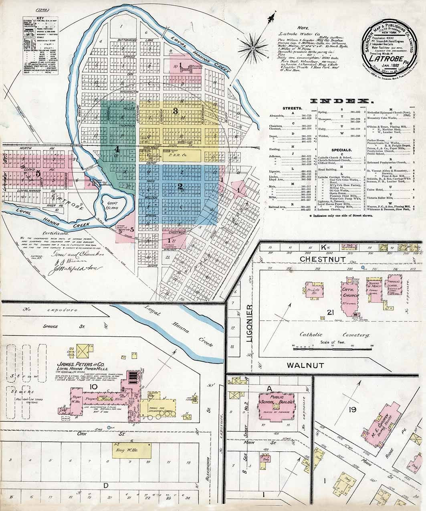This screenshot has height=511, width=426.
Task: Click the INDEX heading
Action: point(339,101)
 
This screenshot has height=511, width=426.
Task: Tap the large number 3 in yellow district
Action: point(175,111)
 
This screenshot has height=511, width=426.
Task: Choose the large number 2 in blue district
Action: point(180,186)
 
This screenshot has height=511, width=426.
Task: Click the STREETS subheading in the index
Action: point(292,109)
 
